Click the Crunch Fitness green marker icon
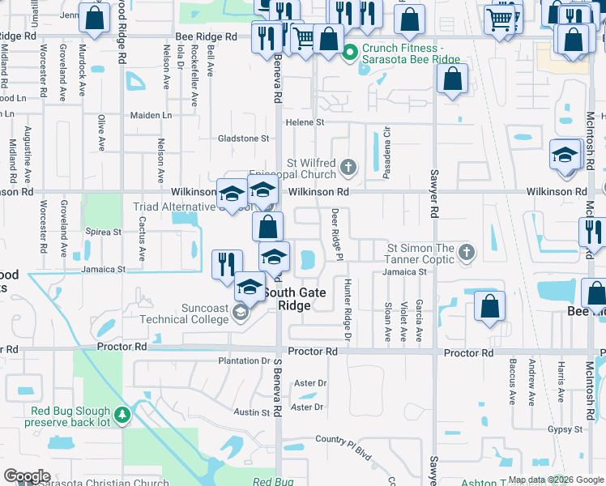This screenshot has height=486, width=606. tap(350, 53)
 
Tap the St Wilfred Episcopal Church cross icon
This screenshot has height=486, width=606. tap(348, 168)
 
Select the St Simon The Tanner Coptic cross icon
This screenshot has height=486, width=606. tap(466, 253)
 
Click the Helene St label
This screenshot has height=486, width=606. tap(304, 122)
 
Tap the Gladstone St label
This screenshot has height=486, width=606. tap(243, 139)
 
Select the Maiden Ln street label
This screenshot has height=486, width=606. tap(151, 115)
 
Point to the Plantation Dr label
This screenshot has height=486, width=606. tap(244, 360)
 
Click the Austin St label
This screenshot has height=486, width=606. tap(252, 412)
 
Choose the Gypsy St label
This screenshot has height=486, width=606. tap(565, 428)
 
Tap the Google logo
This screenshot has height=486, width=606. tap(28, 476)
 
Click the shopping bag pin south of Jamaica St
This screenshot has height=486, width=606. tap(489, 306)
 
